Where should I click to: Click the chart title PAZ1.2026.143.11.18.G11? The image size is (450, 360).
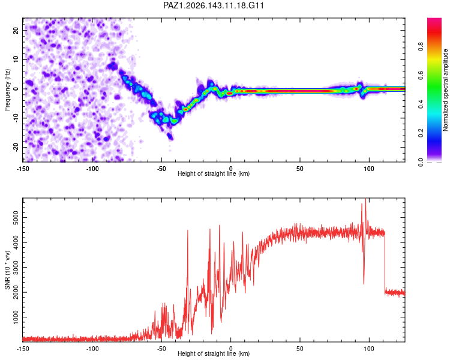pyautogui.click(x=213, y=5)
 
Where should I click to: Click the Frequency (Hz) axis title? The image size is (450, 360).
pyautogui.click(x=7, y=90)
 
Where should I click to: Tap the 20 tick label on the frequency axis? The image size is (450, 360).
pyautogui.click(x=16, y=30)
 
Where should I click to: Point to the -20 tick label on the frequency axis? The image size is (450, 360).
pyautogui.click(x=16, y=148)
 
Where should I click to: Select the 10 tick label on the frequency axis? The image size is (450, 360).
pyautogui.click(x=16, y=59)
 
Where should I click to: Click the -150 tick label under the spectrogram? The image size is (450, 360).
pyautogui.click(x=23, y=169)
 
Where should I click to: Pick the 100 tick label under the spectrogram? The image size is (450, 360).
pyautogui.click(x=369, y=169)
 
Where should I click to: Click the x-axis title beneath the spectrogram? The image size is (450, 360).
pyautogui.click(x=214, y=173)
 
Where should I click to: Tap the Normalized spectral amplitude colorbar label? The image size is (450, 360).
pyautogui.click(x=445, y=90)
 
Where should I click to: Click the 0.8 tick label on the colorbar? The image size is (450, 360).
pyautogui.click(x=421, y=47)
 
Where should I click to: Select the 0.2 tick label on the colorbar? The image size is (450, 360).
pyautogui.click(x=421, y=133)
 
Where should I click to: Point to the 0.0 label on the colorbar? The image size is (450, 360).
pyautogui.click(x=421, y=163)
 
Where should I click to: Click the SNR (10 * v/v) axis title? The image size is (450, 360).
pyautogui.click(x=7, y=270)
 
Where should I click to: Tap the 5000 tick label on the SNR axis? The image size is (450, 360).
pyautogui.click(x=16, y=218)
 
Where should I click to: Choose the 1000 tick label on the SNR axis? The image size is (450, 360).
pyautogui.click(x=16, y=317)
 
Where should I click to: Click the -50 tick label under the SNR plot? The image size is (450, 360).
pyautogui.click(x=161, y=349)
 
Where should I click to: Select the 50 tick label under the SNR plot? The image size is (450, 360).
pyautogui.click(x=299, y=349)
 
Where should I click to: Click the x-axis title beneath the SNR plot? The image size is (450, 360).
pyautogui.click(x=214, y=353)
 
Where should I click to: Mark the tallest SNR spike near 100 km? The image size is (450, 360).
pyautogui.click(x=365, y=199)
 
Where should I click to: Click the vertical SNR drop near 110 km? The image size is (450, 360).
pyautogui.click(x=385, y=263)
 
